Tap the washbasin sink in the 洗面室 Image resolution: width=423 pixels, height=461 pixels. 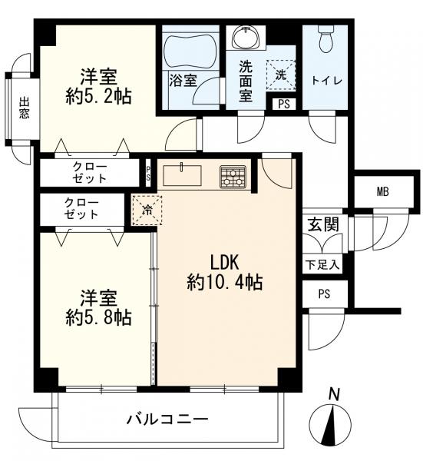[246, 36]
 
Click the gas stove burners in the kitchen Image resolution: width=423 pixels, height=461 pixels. [233, 177]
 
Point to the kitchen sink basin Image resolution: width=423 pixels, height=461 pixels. [183, 175]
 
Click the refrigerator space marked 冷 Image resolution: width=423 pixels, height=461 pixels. [147, 210]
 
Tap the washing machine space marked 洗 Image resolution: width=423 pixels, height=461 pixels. [280, 75]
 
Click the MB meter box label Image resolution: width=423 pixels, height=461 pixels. [383, 192]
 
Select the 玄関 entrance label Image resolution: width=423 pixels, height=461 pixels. [323, 224]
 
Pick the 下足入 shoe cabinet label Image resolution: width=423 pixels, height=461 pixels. [322, 265]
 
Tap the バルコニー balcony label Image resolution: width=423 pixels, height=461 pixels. [167, 419]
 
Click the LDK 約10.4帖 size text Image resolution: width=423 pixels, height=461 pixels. [224, 273]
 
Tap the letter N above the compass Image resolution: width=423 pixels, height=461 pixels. [334, 394]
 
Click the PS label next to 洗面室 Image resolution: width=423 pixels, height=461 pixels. [284, 104]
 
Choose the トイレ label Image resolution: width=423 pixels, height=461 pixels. [327, 80]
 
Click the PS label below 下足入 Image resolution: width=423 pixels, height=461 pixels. [324, 294]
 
